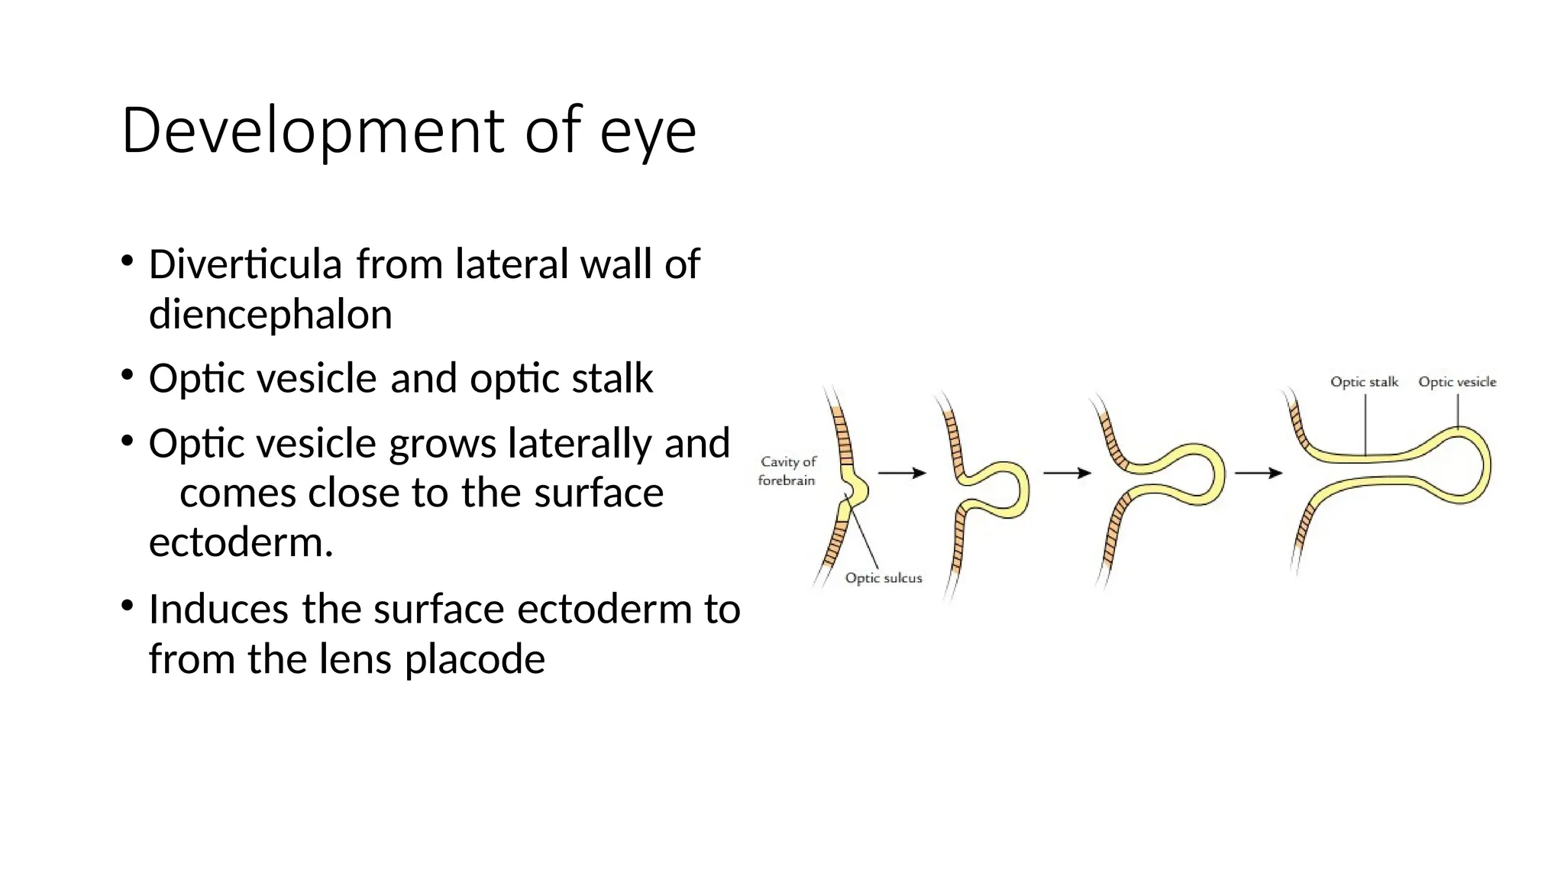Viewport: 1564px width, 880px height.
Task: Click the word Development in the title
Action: click(x=312, y=131)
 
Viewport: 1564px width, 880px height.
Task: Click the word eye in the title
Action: click(x=648, y=132)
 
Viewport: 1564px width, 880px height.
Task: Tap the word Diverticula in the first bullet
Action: click(x=244, y=264)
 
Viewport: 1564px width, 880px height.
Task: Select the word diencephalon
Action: click(x=270, y=315)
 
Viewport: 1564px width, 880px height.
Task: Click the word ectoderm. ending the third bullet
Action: click(x=241, y=543)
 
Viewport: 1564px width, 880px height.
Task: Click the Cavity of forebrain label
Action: click(x=787, y=471)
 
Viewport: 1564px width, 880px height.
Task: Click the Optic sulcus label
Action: click(x=884, y=578)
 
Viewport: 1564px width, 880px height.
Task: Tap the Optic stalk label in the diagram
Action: click(x=1364, y=382)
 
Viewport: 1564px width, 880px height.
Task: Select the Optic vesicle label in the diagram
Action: click(x=1457, y=382)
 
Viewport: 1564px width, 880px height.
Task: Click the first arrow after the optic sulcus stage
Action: click(x=902, y=474)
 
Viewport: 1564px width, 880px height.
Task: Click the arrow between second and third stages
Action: click(x=1067, y=474)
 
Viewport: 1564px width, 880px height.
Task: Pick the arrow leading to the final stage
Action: click(x=1259, y=474)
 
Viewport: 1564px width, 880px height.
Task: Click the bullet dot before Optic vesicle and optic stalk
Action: click(x=128, y=376)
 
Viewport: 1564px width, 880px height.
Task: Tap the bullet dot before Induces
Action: click(x=128, y=607)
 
